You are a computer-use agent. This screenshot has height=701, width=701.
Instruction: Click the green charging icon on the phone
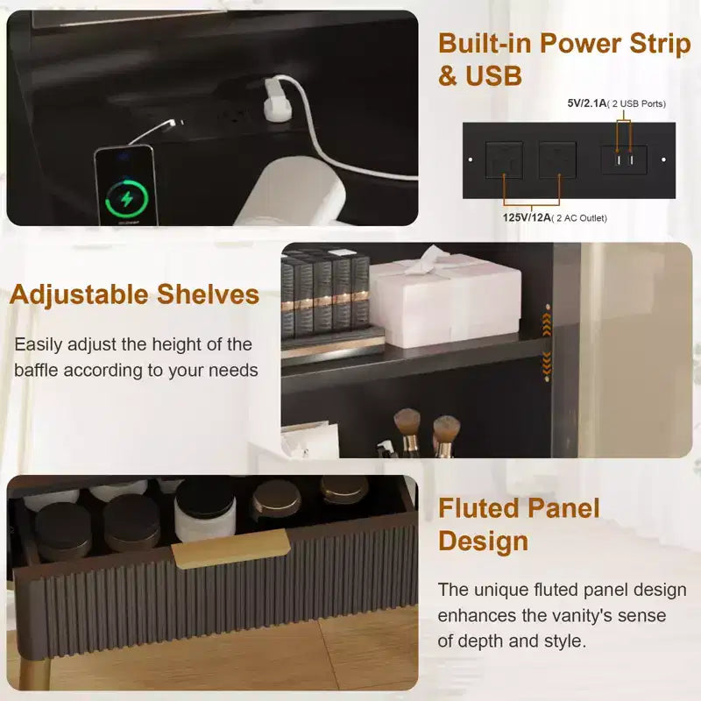coord(127,199)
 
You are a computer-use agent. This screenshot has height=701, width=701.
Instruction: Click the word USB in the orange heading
coord(493,75)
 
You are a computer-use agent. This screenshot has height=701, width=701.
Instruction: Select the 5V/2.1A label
coord(587,103)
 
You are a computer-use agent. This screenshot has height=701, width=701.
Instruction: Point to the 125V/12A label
coord(527,217)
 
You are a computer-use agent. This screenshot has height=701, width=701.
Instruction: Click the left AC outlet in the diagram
coord(504,159)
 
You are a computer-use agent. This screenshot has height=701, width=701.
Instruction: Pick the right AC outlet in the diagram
coord(557,159)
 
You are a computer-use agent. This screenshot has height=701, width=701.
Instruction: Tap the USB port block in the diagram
coord(624,159)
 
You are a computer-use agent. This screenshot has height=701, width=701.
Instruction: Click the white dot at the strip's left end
coord(471,159)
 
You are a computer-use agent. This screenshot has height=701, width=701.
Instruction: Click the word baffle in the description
coord(36,370)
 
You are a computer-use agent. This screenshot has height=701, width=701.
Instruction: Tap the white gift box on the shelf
coord(445,300)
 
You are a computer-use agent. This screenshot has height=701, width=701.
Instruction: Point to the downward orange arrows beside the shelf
coord(546,362)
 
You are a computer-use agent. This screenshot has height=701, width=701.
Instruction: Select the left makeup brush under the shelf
coord(407,430)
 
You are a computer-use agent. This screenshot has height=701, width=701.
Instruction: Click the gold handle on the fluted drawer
coord(230,549)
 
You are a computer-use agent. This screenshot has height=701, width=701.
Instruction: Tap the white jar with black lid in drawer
coord(205,510)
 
